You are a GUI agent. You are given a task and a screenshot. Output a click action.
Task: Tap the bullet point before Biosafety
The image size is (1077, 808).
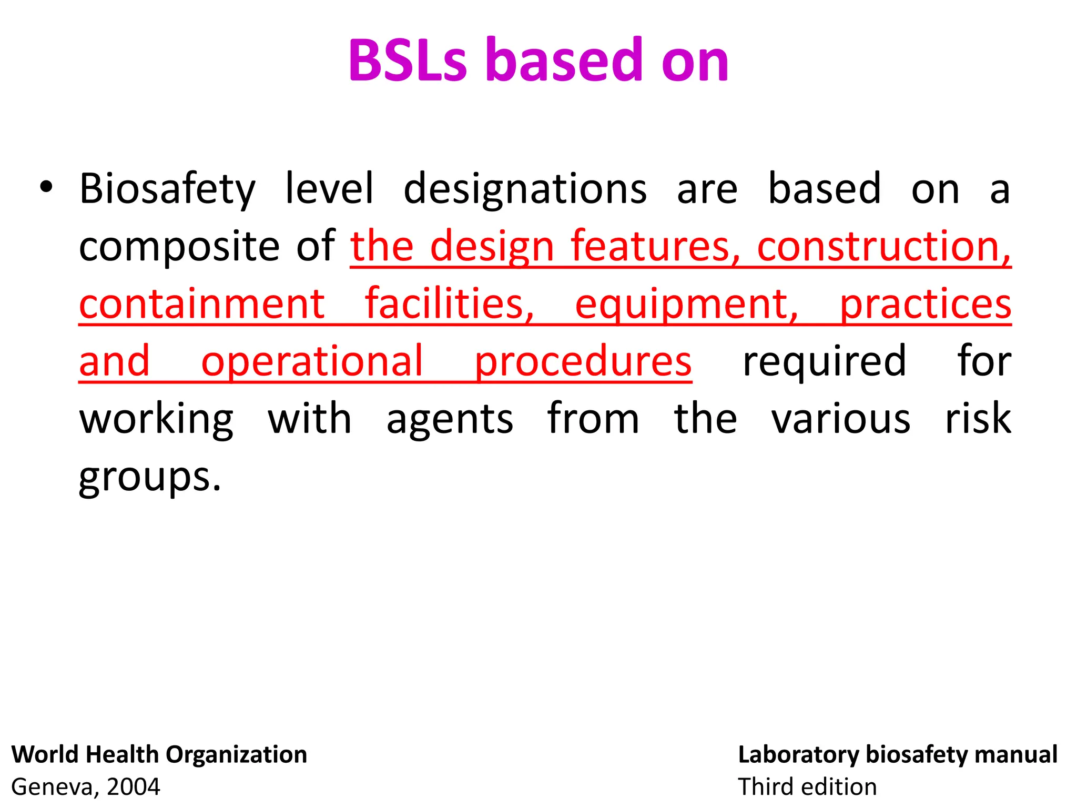tap(46, 188)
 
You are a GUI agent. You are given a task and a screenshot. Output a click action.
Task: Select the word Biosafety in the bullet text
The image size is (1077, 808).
tap(167, 189)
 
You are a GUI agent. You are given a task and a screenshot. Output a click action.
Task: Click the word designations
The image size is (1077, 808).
tap(525, 189)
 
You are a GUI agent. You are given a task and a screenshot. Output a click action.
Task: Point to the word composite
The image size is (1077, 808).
tap(179, 247)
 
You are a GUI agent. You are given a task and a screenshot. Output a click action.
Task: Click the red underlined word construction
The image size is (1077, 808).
tap(883, 246)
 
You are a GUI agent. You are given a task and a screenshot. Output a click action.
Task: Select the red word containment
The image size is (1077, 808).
tap(202, 304)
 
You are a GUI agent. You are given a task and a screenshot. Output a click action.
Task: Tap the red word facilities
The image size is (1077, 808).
tap(450, 304)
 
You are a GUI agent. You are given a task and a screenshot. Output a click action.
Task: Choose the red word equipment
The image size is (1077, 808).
tap(686, 305)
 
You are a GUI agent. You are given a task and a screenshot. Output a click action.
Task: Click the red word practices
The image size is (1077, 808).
tap(925, 305)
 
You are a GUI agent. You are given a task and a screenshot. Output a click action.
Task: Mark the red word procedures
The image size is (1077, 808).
tap(583, 362)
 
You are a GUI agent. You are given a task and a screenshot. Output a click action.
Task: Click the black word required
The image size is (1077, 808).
tap(824, 362)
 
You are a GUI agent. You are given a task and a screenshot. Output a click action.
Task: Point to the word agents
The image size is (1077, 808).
tap(450, 420)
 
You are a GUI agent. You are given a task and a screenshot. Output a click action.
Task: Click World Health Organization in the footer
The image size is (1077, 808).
tap(159, 754)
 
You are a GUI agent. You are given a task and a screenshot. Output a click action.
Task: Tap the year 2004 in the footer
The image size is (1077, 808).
tap(134, 787)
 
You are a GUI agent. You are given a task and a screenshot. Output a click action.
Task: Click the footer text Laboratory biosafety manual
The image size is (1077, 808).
tap(898, 754)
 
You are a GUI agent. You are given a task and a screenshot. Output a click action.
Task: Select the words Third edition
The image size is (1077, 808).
tap(807, 787)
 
